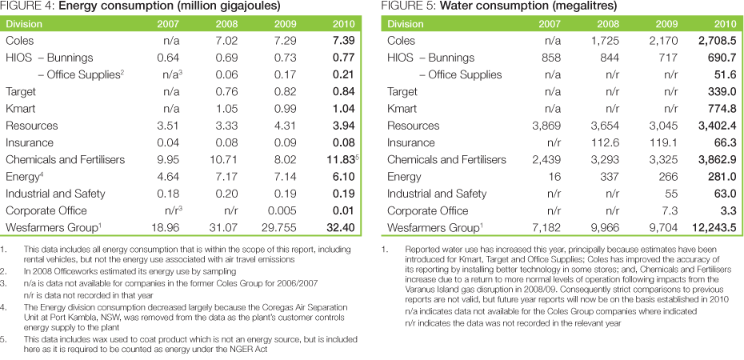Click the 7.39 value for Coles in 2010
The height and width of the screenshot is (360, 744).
click(x=344, y=40)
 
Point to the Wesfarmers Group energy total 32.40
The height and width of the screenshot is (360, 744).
click(x=342, y=227)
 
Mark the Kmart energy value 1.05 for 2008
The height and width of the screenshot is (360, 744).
click(x=229, y=109)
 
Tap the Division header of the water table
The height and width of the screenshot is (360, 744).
click(x=406, y=24)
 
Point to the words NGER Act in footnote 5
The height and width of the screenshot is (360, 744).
click(x=265, y=348)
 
